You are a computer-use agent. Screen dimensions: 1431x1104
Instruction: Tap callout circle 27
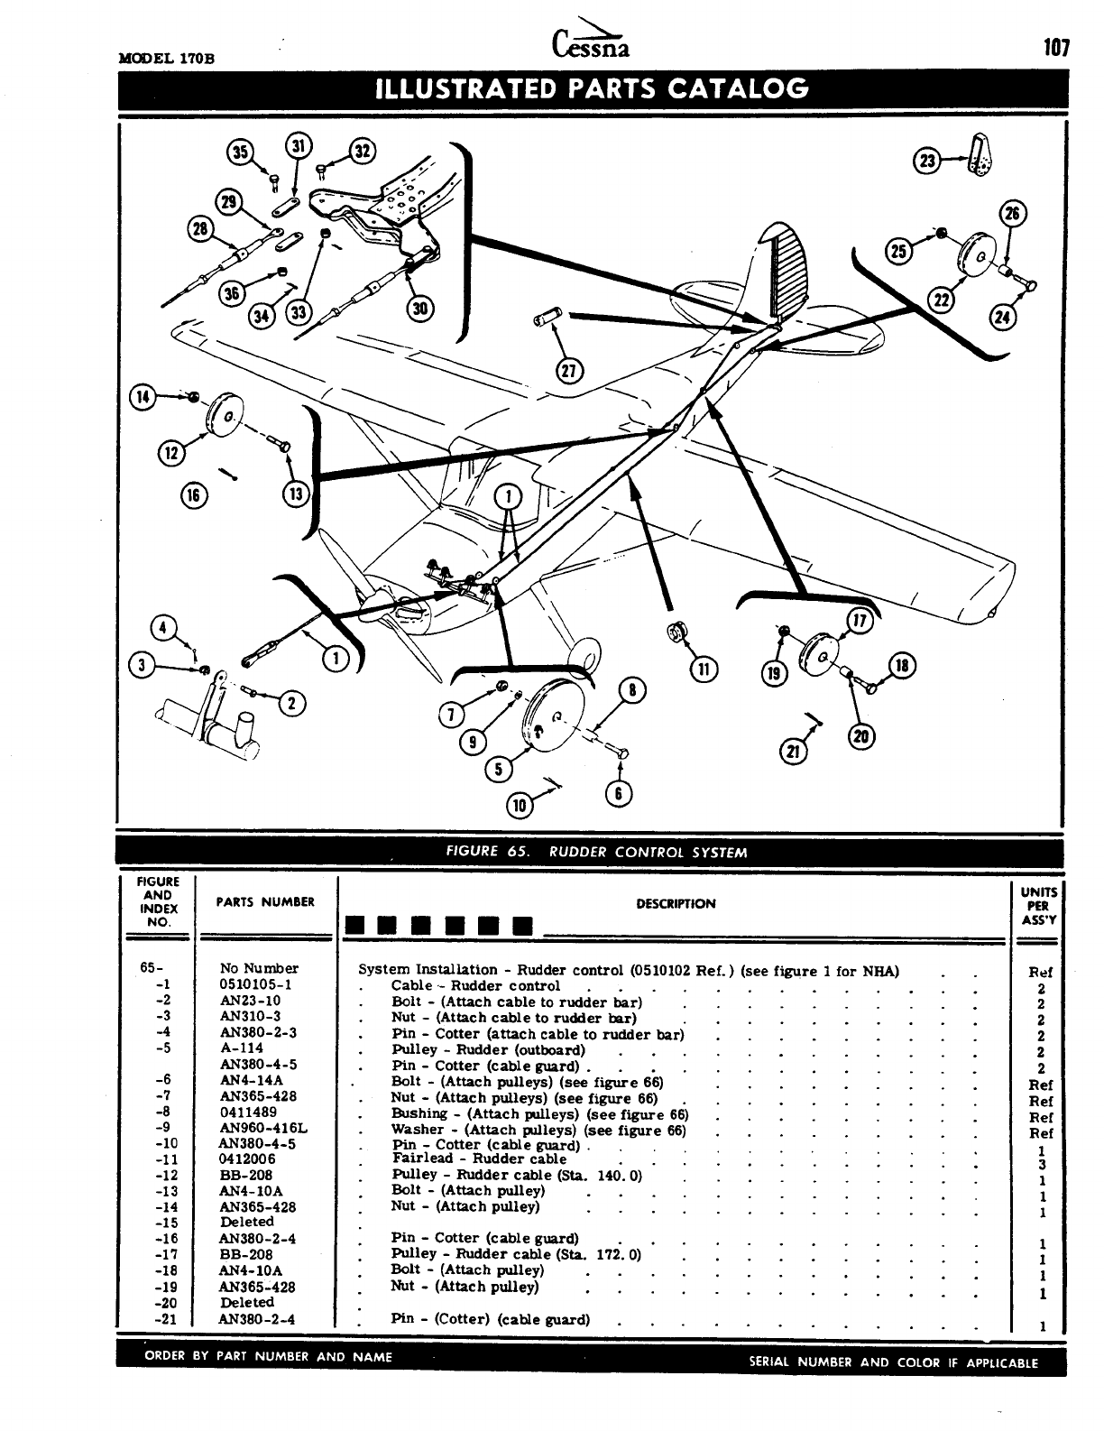click(570, 370)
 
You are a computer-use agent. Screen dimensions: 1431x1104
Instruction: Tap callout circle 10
click(520, 806)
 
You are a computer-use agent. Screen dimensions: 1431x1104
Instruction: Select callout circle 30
click(420, 309)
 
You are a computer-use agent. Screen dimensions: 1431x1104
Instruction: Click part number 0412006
click(248, 1159)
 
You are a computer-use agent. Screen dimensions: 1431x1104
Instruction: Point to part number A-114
click(242, 1048)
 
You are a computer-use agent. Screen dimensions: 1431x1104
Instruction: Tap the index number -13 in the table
click(163, 1191)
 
